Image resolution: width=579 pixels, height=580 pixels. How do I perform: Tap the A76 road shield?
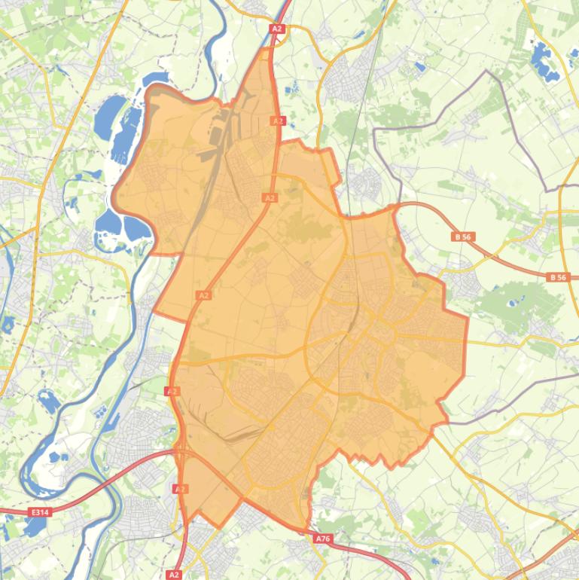pyautogui.click(x=323, y=539)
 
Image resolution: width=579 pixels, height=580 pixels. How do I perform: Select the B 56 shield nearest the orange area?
pyautogui.click(x=462, y=237)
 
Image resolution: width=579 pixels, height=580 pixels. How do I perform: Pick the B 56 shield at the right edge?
pyautogui.click(x=557, y=277)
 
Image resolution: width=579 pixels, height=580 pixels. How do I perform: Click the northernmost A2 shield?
pyautogui.click(x=276, y=29)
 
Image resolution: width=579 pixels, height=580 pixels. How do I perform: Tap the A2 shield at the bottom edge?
pyautogui.click(x=174, y=575)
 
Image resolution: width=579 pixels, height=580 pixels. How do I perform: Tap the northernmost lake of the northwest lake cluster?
pyautogui.click(x=157, y=78)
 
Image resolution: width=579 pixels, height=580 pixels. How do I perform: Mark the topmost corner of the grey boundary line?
pyautogui.click(x=488, y=71)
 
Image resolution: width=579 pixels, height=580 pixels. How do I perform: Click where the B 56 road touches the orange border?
pyautogui.click(x=394, y=206)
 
